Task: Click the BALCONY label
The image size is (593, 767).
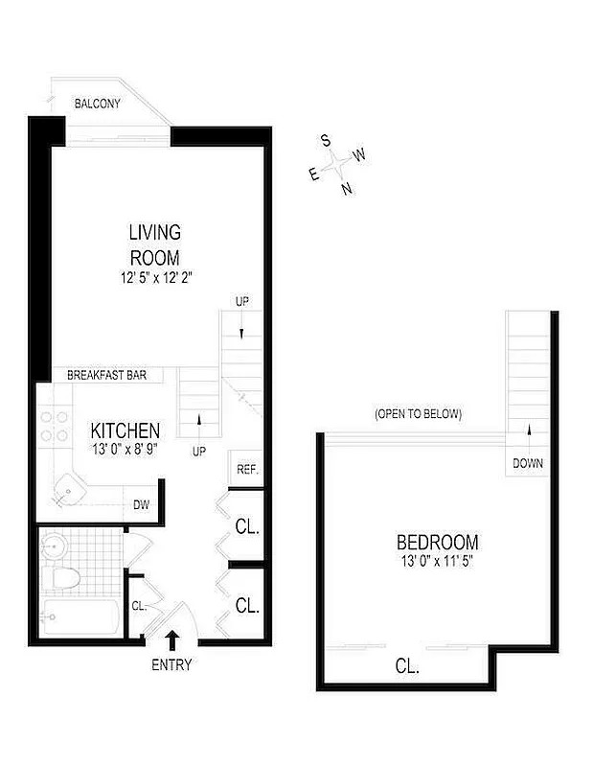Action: pyautogui.click(x=98, y=104)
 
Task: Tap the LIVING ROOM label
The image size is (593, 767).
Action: pyautogui.click(x=155, y=244)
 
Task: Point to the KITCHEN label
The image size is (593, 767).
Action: pyautogui.click(x=125, y=430)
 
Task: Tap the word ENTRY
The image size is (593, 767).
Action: pyautogui.click(x=172, y=665)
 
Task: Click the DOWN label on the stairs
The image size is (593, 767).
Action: pyautogui.click(x=527, y=464)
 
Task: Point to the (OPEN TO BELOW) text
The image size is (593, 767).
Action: pyautogui.click(x=419, y=414)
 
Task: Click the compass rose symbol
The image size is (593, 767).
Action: pyautogui.click(x=337, y=165)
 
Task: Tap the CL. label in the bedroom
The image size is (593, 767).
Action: pyautogui.click(x=407, y=664)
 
